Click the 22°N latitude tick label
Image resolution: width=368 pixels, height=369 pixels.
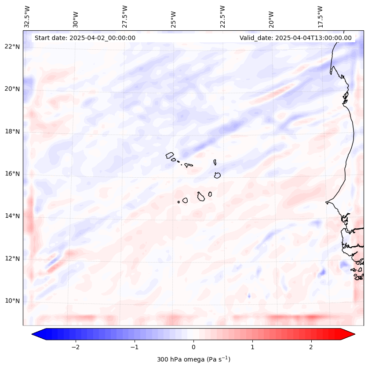point(12,47)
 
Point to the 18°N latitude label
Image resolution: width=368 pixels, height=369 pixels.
point(12,132)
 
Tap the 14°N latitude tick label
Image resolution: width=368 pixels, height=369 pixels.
point(12,216)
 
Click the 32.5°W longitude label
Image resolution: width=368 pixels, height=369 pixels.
point(27,17)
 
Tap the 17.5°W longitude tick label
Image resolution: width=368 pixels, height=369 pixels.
point(320,17)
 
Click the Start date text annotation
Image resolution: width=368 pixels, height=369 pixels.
point(85,38)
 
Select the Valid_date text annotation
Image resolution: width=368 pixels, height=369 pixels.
point(295,38)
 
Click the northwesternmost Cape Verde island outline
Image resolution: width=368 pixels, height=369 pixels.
point(170,155)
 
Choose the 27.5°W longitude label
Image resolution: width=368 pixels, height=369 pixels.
point(125,17)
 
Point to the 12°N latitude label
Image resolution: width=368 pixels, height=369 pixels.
point(12,259)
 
